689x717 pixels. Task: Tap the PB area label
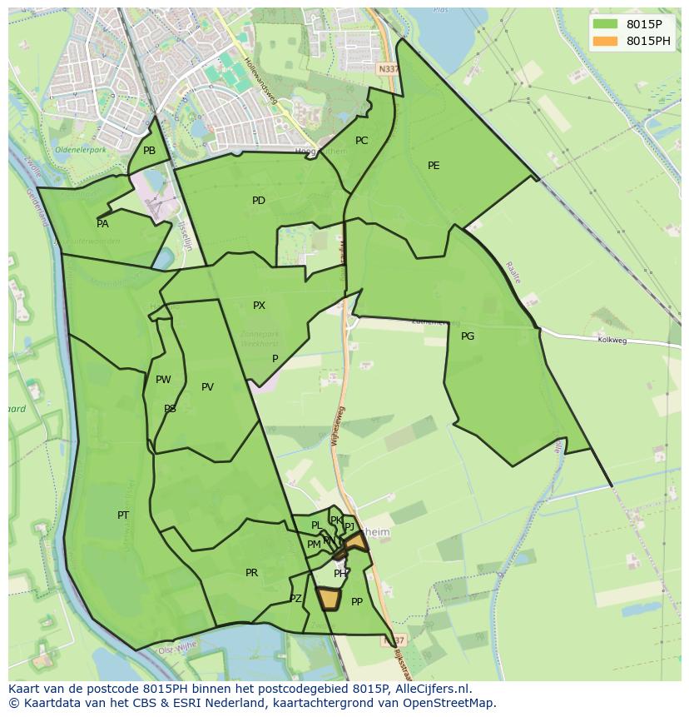click(149, 151)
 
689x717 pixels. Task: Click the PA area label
click(102, 224)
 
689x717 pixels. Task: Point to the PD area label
click(259, 201)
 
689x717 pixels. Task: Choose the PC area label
click(361, 141)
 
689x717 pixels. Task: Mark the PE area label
click(434, 166)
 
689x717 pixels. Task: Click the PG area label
click(468, 336)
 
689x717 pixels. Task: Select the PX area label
click(259, 306)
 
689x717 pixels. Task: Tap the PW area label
click(163, 380)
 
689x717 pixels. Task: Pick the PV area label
click(207, 387)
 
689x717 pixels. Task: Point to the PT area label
click(123, 515)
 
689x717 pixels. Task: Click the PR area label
click(251, 573)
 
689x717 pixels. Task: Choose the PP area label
click(357, 602)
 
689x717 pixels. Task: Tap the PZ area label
click(295, 599)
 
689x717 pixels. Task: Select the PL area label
click(316, 525)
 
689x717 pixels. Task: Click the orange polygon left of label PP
click(330, 599)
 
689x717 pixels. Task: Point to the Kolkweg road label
click(612, 340)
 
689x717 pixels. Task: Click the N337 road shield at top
click(387, 69)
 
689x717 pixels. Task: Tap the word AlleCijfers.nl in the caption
click(430, 689)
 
